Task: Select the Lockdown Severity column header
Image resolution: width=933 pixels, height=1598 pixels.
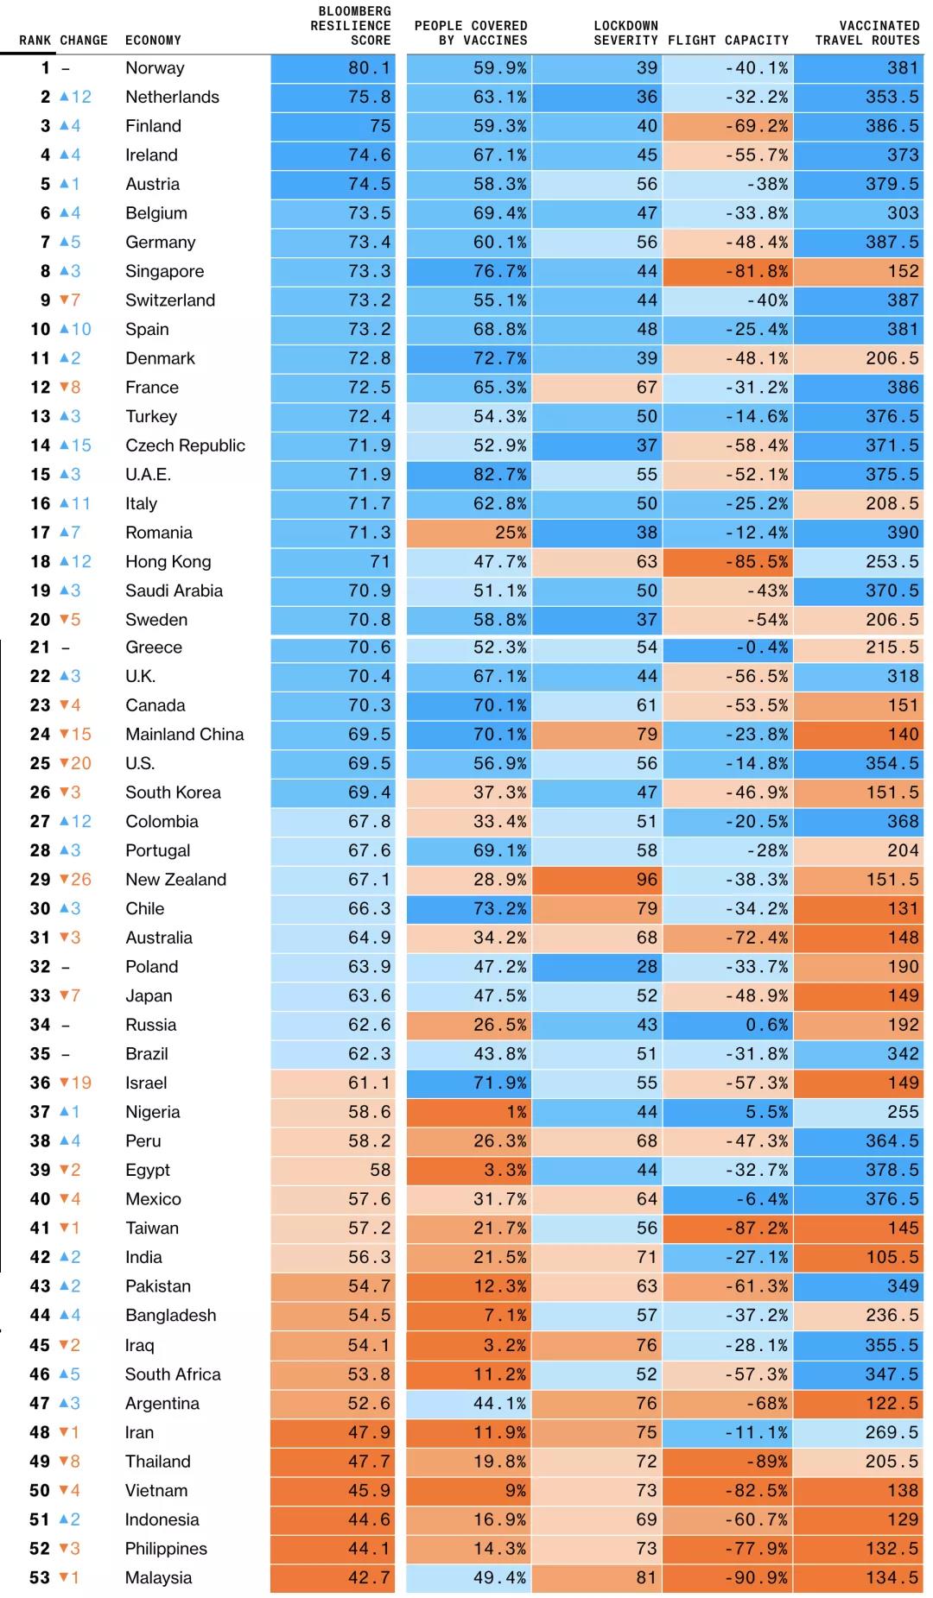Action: [625, 33]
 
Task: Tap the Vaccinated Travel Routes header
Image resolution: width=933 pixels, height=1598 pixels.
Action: [866, 33]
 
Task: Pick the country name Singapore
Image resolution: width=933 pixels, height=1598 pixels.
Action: [164, 271]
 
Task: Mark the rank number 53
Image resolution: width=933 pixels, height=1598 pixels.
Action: [40, 1577]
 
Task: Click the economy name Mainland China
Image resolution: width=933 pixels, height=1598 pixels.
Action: [184, 735]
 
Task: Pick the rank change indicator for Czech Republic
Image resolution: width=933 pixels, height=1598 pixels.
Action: [65, 445]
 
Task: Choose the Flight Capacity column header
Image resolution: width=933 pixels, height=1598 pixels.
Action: [727, 40]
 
